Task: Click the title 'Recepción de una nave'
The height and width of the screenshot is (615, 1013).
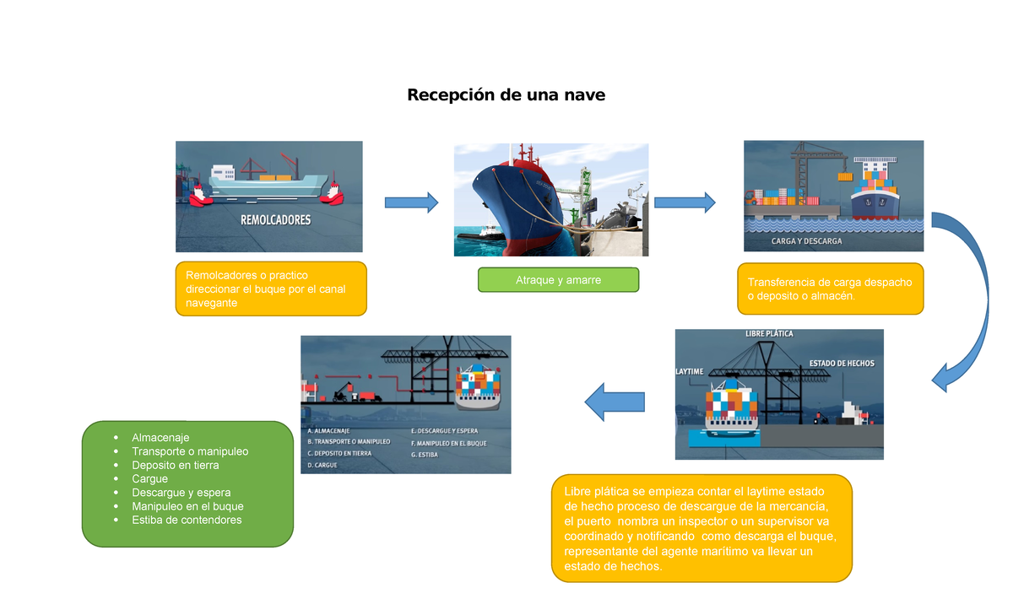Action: pyautogui.click(x=506, y=95)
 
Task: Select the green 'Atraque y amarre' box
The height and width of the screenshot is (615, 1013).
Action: pyautogui.click(x=558, y=280)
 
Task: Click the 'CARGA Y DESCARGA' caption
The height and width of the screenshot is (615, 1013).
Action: pyautogui.click(x=806, y=241)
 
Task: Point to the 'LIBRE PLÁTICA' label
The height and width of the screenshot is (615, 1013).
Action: pyautogui.click(x=769, y=334)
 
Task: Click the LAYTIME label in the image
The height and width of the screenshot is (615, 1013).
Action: pyautogui.click(x=689, y=371)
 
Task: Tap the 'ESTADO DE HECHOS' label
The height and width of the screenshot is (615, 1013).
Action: pyautogui.click(x=842, y=364)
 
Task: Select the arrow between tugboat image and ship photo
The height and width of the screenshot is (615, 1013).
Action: pyautogui.click(x=411, y=202)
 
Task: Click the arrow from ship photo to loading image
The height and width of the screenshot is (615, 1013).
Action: pyautogui.click(x=684, y=202)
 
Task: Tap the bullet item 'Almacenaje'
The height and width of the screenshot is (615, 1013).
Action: pyautogui.click(x=160, y=438)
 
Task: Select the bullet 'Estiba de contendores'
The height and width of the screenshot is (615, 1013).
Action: pyautogui.click(x=187, y=520)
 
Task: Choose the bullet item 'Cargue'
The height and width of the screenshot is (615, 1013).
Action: pyautogui.click(x=149, y=479)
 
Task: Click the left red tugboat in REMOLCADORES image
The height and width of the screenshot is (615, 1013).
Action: pyautogui.click(x=199, y=193)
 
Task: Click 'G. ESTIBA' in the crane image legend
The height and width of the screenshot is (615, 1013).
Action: pyautogui.click(x=425, y=455)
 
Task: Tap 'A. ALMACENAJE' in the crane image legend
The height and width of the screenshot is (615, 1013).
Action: pyautogui.click(x=328, y=431)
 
